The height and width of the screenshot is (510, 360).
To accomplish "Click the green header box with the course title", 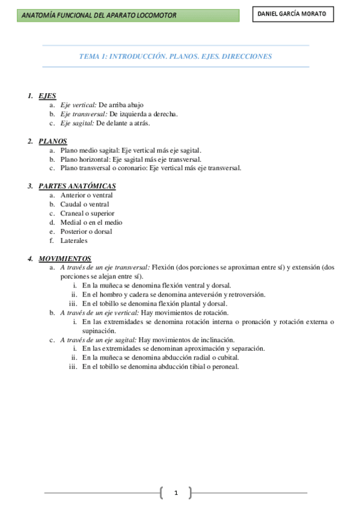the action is point(128,15).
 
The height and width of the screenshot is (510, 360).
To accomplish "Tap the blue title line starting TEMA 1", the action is point(175,57).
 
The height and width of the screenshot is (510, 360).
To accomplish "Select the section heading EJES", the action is point(47,96).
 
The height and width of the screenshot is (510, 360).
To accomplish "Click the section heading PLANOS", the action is point(52,141).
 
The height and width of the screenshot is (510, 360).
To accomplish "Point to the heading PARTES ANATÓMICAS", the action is point(77,186).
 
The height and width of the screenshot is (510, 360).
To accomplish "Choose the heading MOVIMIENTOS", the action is point(64,258).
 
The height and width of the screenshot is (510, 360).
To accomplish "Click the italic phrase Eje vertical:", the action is point(78,105).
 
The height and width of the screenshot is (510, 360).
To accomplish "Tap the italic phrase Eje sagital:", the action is point(77,123).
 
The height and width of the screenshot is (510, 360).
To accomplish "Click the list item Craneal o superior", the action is point(87,213).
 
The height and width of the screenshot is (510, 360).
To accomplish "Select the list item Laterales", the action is point(74,240).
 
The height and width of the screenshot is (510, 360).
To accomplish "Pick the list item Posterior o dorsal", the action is point(86,231).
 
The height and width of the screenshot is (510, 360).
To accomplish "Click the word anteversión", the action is point(203,294).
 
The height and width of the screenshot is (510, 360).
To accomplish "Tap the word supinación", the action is point(99,331).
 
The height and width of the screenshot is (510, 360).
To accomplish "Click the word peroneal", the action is point(224,366).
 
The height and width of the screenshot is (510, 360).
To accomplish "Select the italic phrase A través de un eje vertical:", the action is point(100,313).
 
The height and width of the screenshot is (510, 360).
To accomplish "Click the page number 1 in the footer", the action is point(176,493).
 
